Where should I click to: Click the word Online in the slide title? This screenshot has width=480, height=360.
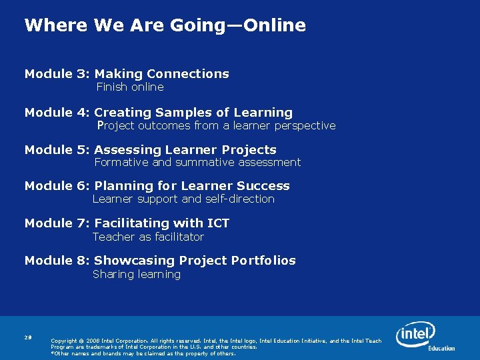pyautogui.click(x=274, y=26)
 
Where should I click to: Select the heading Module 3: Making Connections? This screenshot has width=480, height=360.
pyautogui.click(x=127, y=74)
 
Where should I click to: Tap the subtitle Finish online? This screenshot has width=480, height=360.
pyautogui.click(x=130, y=87)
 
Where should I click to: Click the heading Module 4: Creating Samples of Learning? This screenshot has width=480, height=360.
pyautogui.click(x=159, y=113)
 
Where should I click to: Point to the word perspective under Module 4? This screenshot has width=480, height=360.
pyautogui.click(x=303, y=126)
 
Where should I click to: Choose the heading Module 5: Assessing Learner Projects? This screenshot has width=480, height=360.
pyautogui.click(x=151, y=150)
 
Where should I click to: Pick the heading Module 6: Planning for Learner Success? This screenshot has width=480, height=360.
pyautogui.click(x=157, y=186)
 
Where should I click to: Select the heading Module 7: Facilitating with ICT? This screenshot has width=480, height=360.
pyautogui.click(x=127, y=223)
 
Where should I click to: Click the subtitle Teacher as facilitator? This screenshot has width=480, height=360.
pyautogui.click(x=148, y=237)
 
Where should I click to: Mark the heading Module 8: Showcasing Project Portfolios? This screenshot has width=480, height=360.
pyautogui.click(x=160, y=261)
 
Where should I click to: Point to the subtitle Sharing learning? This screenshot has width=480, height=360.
pyautogui.click(x=137, y=275)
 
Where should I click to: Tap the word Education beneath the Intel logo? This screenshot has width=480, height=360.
pyautogui.click(x=441, y=348)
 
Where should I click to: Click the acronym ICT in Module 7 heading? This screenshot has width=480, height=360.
pyautogui.click(x=217, y=223)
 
